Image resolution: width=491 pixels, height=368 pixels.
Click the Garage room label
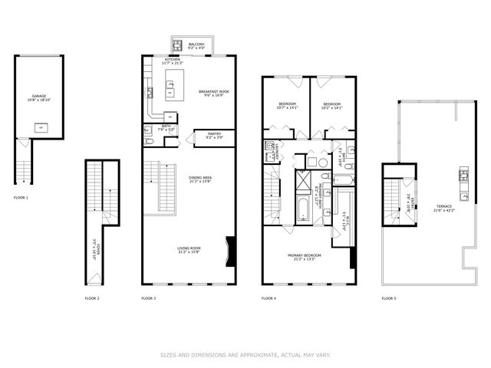[x=38, y=98]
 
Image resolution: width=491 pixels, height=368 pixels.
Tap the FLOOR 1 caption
[x=21, y=198]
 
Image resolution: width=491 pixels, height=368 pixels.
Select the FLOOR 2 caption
[x=92, y=297]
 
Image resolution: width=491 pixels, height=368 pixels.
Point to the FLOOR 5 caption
[x=389, y=297]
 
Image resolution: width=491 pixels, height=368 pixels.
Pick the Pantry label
[x=214, y=135]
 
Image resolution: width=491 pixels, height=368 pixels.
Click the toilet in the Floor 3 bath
[x=149, y=131]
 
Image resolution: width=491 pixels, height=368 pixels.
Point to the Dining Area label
[x=200, y=180]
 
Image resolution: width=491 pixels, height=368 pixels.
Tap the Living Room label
[x=189, y=251]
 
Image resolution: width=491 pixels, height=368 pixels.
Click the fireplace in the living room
[x=230, y=251]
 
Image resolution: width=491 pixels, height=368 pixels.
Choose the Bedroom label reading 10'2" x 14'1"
[x=331, y=106]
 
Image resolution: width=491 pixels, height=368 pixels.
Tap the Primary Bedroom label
[x=305, y=257]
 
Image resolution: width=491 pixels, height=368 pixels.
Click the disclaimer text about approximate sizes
[x=245, y=354]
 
